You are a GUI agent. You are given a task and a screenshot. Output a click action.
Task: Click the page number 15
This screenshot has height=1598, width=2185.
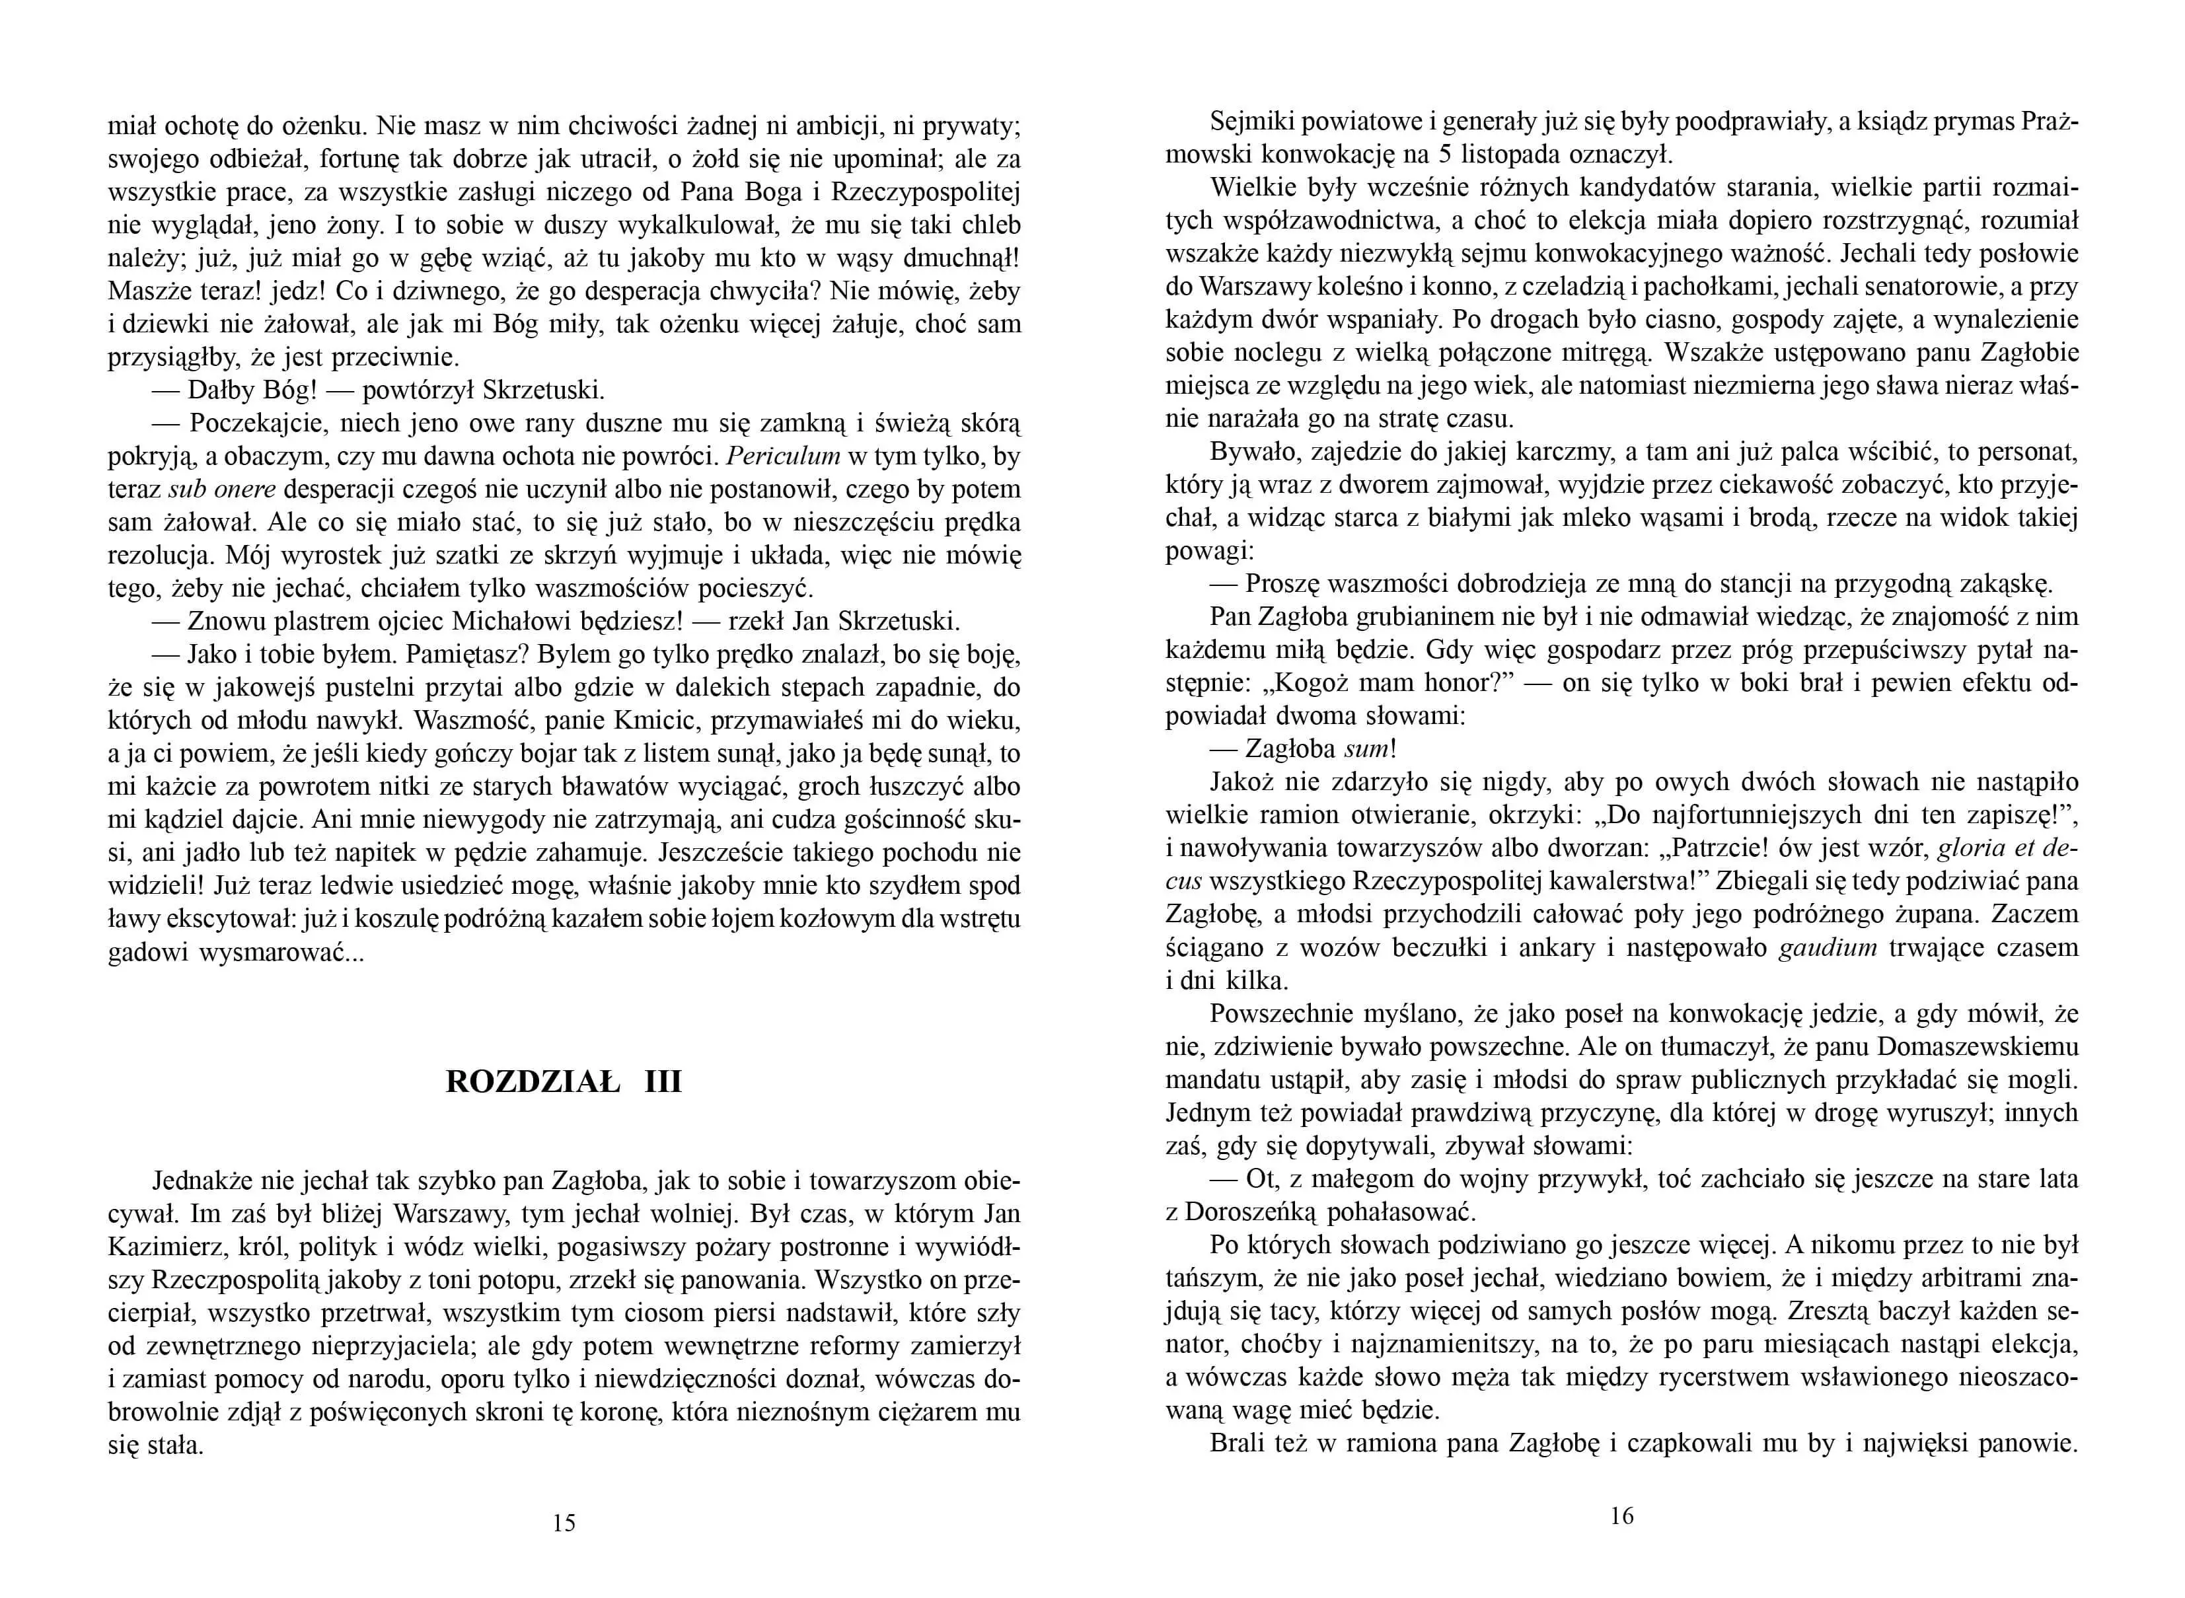tap(563, 1523)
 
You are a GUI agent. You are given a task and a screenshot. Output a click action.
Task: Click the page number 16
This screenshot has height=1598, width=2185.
tap(1622, 1516)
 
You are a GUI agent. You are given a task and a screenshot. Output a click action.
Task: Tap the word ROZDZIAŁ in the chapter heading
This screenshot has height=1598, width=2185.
tap(532, 1081)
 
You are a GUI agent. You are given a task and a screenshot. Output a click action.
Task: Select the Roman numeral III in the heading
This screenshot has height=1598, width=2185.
tap(663, 1081)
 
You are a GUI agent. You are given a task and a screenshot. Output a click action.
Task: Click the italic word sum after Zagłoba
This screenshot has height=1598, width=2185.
tap(1367, 748)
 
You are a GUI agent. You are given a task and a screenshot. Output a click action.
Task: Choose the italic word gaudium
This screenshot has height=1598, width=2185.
tap(1828, 947)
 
